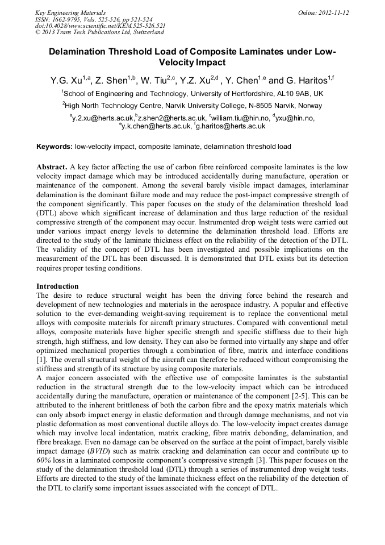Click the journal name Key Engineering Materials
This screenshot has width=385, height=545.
pos(70,13)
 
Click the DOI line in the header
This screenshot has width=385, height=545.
pos(101,26)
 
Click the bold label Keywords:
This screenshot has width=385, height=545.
pos(55,147)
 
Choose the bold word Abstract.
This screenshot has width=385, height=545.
pos(52,168)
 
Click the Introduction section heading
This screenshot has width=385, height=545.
pos(57,286)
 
